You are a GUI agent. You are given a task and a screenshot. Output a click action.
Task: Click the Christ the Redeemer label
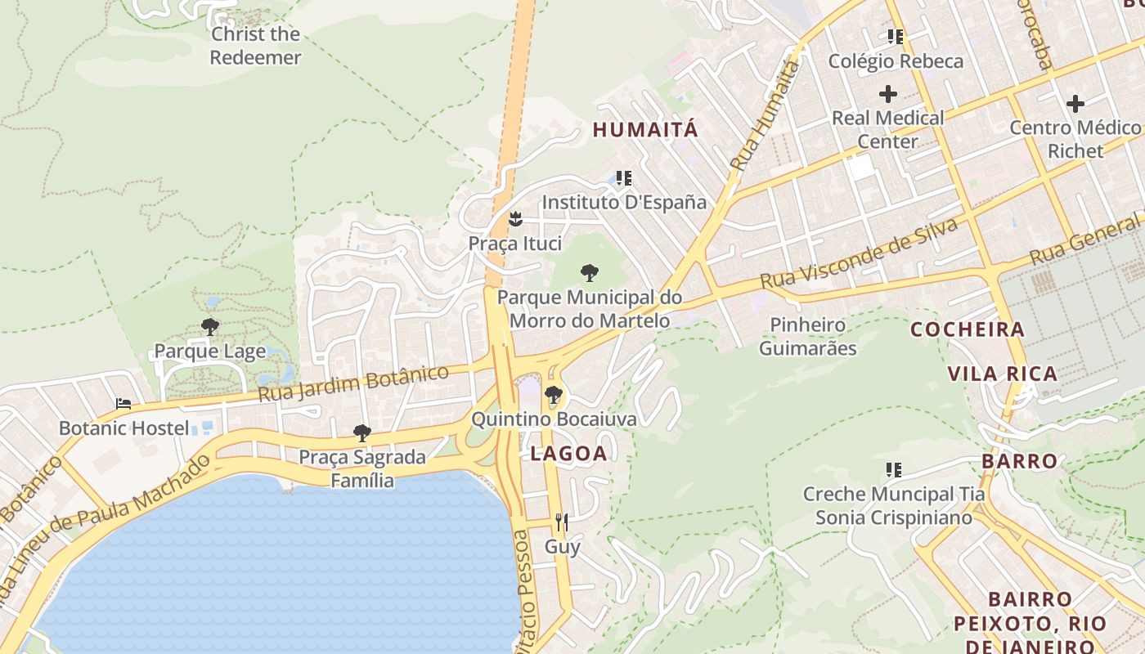[x=255, y=46]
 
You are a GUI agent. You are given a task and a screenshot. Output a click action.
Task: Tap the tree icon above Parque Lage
[x=210, y=328]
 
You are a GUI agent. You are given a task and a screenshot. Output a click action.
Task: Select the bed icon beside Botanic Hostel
[x=123, y=404]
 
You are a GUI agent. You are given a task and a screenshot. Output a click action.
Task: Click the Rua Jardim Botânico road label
[x=353, y=383]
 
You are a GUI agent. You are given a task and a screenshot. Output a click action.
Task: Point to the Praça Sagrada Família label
[x=362, y=468]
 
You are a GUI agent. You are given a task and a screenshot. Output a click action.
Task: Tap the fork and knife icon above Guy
[x=562, y=522]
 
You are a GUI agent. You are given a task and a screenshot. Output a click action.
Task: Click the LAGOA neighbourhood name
[x=568, y=454]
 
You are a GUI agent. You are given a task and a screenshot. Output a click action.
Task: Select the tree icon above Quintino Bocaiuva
[x=554, y=395]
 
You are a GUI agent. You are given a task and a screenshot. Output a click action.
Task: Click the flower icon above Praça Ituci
[x=515, y=219]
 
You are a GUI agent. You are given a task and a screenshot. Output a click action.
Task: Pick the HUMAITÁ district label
[x=646, y=129]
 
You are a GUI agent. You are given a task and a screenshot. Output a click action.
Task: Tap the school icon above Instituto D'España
[x=624, y=177]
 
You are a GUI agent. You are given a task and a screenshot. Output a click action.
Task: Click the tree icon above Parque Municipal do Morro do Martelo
[x=589, y=273]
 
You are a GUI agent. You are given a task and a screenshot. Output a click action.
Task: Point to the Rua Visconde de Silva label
[x=859, y=253]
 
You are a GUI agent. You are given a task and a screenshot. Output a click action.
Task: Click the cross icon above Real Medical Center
[x=888, y=94]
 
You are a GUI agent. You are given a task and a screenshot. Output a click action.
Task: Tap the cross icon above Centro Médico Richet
[x=1075, y=104]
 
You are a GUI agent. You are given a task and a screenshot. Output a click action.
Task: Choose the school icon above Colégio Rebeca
[x=896, y=37]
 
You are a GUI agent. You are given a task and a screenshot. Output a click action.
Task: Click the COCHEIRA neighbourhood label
[x=968, y=329]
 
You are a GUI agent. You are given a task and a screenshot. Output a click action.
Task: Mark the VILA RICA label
[x=1003, y=374]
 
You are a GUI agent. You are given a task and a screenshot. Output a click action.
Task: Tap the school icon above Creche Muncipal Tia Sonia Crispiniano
[x=894, y=470]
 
